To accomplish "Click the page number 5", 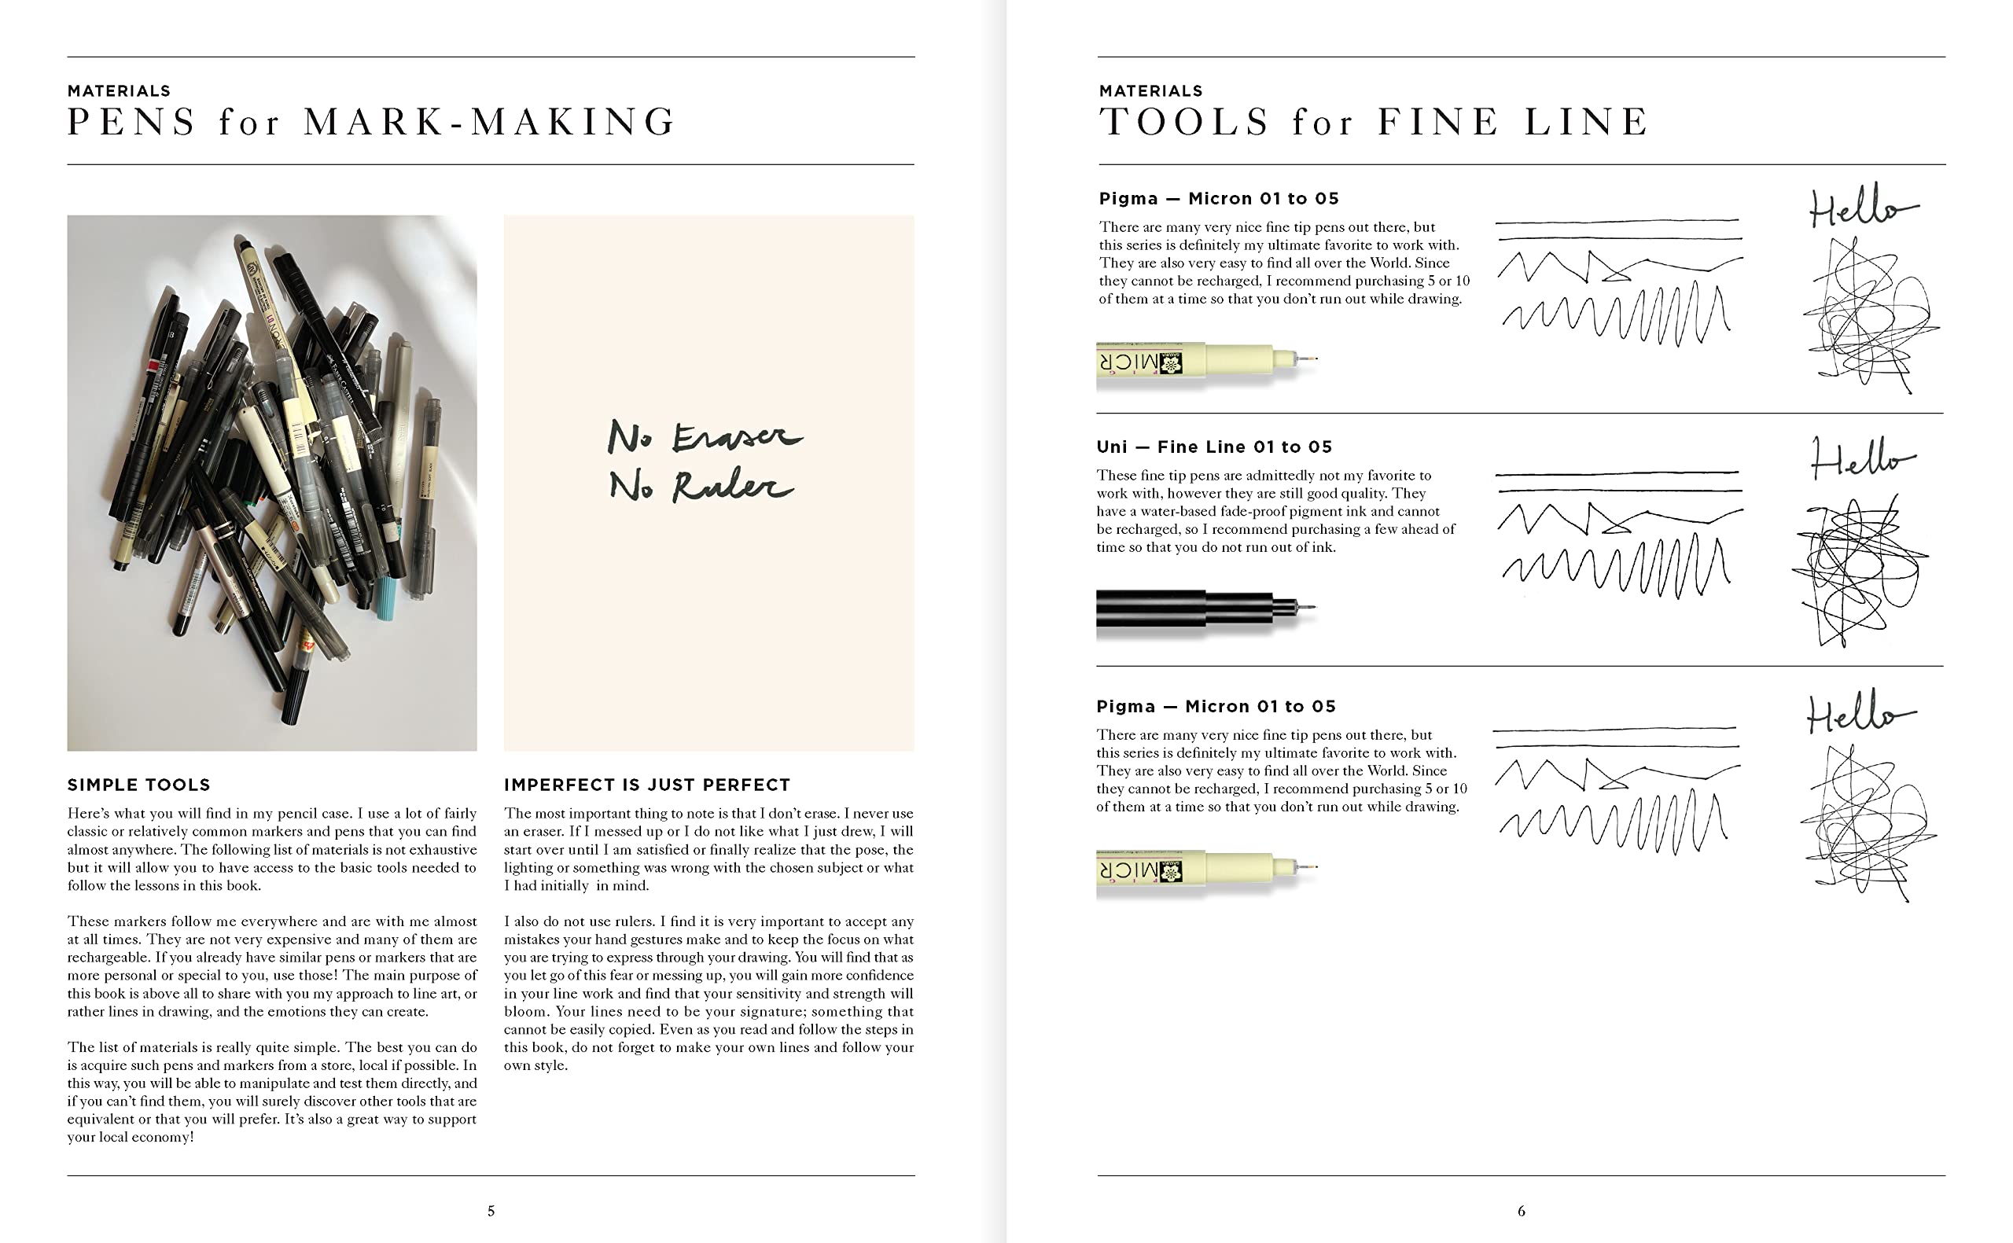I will pos(491,1210).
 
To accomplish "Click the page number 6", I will pos(1521,1210).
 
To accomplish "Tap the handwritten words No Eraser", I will pos(705,436).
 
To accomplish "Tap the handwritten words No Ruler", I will pos(701,485).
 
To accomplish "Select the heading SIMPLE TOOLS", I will pos(139,785).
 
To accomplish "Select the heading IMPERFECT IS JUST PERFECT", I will pos(647,785).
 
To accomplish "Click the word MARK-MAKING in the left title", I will pos(490,122).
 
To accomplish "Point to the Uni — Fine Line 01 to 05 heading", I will pos(1214,447).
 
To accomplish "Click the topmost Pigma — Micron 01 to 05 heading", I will pos(1218,198).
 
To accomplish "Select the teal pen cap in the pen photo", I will pos(386,609).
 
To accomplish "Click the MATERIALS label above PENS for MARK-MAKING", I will pos(120,90).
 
